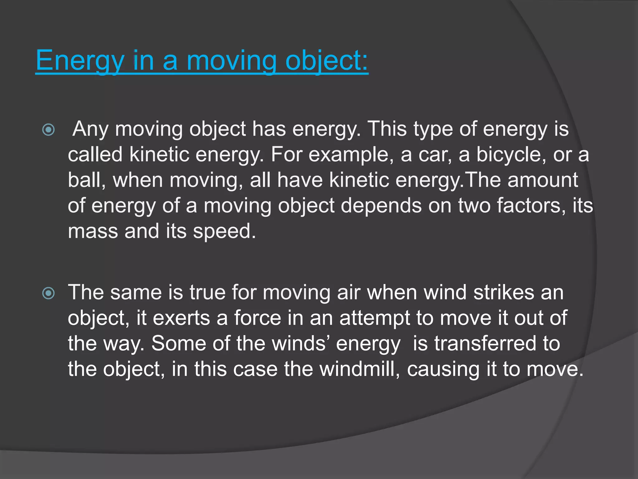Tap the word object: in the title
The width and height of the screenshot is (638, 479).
pos(327,60)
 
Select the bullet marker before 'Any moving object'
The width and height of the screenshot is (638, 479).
pos(49,130)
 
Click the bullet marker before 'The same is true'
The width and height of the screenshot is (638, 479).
pos(49,293)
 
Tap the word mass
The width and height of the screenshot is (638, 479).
pos(93,231)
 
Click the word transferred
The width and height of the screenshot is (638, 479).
pos(485,343)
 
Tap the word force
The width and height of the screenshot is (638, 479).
pos(258,318)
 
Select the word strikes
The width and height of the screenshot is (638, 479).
pos(504,293)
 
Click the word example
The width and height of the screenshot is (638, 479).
pos(348,155)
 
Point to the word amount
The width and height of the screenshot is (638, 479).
pos(543,180)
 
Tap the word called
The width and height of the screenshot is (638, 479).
pos(95,154)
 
